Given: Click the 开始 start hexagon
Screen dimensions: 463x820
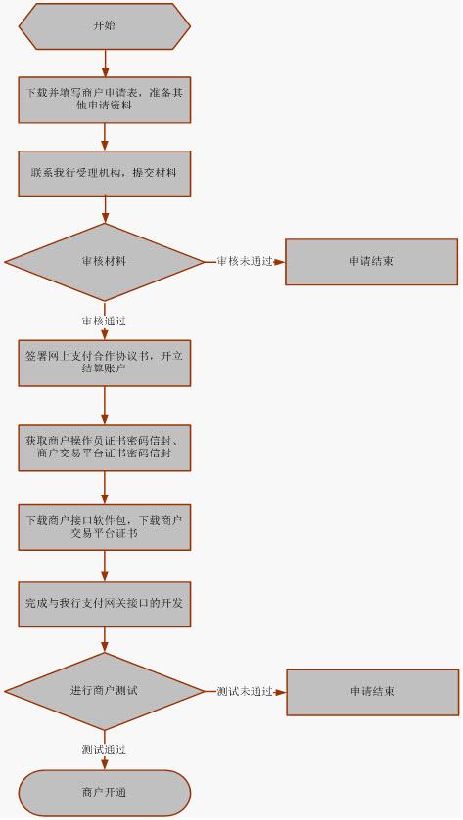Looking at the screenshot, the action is pos(105,26).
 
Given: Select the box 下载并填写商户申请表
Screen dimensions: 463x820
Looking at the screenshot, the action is pos(105,100).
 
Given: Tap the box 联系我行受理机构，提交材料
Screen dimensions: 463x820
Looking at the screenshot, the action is pos(105,174).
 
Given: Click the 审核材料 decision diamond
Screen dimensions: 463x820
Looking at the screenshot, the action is pos(105,262).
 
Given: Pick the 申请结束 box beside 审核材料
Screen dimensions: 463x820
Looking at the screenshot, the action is pos(371,262).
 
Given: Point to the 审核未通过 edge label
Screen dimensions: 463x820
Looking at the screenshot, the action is pos(245,262).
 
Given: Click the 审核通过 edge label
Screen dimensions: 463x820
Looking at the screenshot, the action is pos(104,321).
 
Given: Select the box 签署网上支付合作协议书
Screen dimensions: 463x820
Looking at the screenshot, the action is pos(105,363).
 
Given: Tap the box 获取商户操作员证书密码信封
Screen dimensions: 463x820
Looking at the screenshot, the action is pos(105,448).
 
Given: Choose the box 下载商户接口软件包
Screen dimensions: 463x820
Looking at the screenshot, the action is pos(105,527).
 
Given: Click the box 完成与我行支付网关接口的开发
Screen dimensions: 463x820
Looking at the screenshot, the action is pos(105,603).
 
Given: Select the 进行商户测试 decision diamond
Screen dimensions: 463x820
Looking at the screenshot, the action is pos(105,691).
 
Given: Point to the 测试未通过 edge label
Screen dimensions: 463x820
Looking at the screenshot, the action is pos(245,691).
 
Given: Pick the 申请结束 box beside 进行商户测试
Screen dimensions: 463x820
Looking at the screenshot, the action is pos(372,692).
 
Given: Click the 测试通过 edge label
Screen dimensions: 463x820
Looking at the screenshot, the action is pos(104,750).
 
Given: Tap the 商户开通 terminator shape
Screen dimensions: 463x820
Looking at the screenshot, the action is pos(105,793).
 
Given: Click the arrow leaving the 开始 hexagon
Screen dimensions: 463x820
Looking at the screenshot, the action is pos(105,64).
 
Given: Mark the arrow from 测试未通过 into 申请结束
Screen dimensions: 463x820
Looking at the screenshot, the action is pos(280,692).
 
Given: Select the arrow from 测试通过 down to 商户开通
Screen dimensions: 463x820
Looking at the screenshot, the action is pos(105,762).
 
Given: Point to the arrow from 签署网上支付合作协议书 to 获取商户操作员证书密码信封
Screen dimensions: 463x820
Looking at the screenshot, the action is pos(105,406).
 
